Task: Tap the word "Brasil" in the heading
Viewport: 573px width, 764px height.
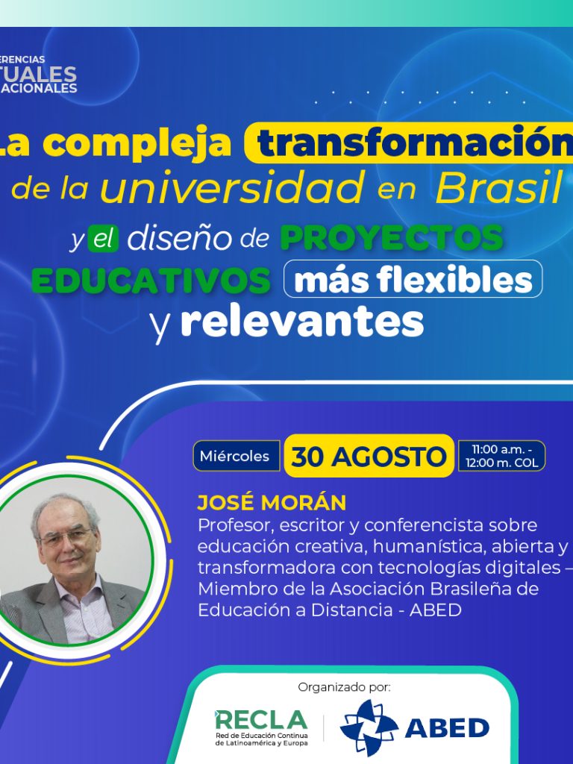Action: pyautogui.click(x=498, y=188)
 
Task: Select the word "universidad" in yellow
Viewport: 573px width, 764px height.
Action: pyautogui.click(x=232, y=187)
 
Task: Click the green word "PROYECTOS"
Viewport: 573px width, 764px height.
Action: pyautogui.click(x=392, y=238)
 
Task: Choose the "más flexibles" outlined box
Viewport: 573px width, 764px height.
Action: pyautogui.click(x=413, y=281)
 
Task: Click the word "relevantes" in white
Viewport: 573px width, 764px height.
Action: pyautogui.click(x=302, y=322)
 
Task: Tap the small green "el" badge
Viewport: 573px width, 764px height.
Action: pyautogui.click(x=103, y=239)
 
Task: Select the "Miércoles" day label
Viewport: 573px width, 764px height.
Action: pyautogui.click(x=234, y=456)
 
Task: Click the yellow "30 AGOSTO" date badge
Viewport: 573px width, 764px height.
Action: pyautogui.click(x=369, y=457)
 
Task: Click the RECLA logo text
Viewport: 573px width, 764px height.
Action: pyautogui.click(x=261, y=719)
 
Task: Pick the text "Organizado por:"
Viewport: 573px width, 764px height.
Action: pyautogui.click(x=344, y=686)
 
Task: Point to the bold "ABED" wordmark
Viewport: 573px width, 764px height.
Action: pyautogui.click(x=447, y=728)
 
